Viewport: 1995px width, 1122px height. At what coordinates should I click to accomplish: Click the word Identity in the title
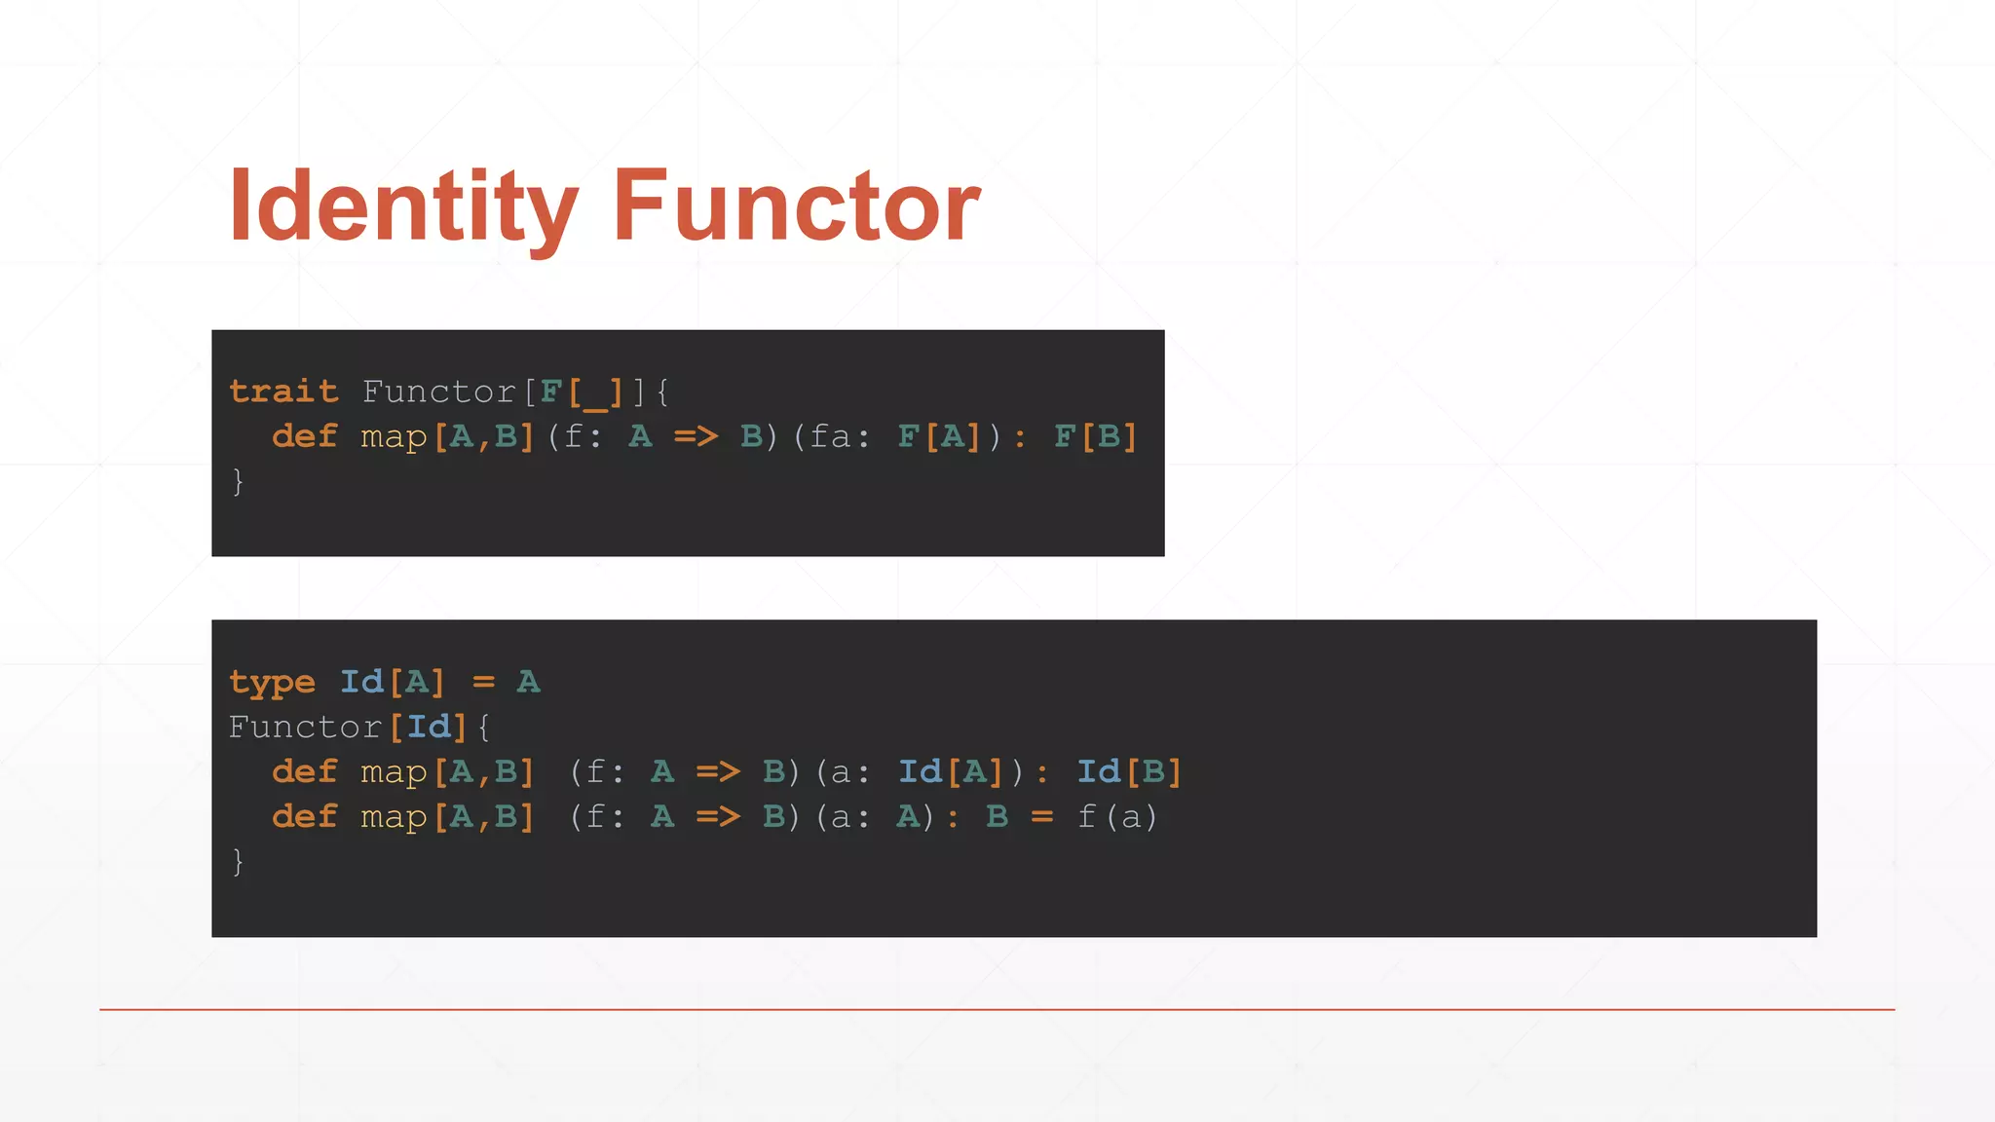pos(403,206)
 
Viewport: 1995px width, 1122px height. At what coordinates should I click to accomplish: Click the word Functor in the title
pos(796,206)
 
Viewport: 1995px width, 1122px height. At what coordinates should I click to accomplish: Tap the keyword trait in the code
pos(283,392)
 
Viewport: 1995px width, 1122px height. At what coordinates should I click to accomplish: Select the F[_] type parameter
pos(582,392)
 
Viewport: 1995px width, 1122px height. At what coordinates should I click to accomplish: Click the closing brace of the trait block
pos(238,481)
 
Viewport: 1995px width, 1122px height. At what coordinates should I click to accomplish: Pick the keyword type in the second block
pos(272,682)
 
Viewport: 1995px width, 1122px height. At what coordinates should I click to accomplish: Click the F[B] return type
pos(1096,436)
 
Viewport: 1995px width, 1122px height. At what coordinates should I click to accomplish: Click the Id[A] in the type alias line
pos(392,682)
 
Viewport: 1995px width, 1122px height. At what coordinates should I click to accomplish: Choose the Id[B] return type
pos(1129,772)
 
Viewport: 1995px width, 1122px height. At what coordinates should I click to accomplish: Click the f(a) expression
pos(1117,817)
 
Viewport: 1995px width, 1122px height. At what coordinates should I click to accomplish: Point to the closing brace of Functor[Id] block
pos(238,861)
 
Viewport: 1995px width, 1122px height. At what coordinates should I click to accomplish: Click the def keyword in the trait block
pos(304,436)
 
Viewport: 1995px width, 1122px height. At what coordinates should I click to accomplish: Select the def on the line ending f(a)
pos(304,817)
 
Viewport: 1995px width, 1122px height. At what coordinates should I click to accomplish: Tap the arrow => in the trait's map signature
pos(696,436)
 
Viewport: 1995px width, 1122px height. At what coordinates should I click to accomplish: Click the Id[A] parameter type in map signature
pos(951,772)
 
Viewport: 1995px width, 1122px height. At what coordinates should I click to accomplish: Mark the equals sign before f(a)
pos(1042,817)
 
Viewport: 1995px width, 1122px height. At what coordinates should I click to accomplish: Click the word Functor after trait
pos(438,392)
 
